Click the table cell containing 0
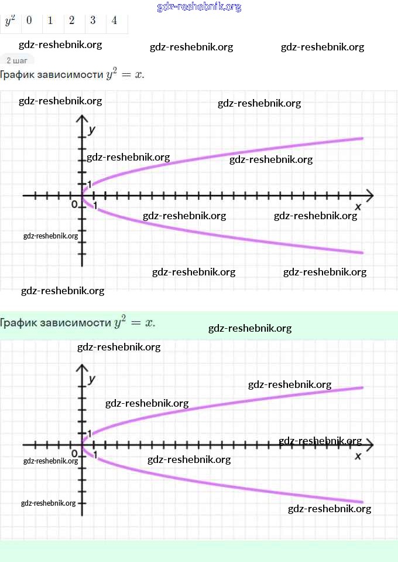point(29,21)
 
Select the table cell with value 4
point(114,21)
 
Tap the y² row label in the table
point(10,21)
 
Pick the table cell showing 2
point(71,21)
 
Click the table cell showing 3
point(93,21)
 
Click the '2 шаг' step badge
point(17,60)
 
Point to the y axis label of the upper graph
point(92,130)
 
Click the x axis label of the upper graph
point(358,206)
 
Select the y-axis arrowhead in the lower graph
point(82,369)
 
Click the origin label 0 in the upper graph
point(74,205)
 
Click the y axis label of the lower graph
point(92,379)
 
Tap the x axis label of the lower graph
point(358,455)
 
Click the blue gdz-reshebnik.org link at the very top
point(199,7)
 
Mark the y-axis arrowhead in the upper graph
point(82,120)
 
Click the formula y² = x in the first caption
point(125,74)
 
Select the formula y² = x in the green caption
point(135,322)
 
